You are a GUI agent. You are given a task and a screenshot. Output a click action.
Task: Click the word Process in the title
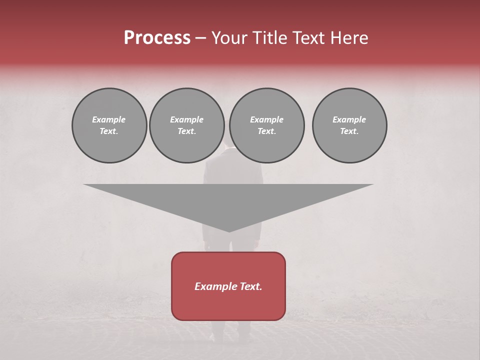click(157, 38)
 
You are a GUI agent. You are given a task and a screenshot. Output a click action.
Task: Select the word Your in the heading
click(229, 38)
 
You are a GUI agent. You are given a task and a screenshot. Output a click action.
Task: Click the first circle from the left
click(109, 125)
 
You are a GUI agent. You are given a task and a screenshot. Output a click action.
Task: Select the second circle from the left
click(186, 125)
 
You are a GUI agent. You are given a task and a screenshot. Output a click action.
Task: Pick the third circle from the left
click(266, 125)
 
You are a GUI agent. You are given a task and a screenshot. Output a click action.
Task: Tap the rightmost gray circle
click(349, 125)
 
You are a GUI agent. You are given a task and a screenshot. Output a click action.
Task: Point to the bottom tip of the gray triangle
click(228, 231)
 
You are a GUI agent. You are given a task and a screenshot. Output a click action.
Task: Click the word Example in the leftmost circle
click(109, 119)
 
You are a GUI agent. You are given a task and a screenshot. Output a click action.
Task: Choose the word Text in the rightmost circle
click(349, 131)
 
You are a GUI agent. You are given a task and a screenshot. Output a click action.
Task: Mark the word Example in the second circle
click(186, 119)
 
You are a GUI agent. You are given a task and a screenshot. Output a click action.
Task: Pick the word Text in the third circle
click(266, 131)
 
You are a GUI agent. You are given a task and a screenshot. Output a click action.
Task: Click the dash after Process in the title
click(200, 38)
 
